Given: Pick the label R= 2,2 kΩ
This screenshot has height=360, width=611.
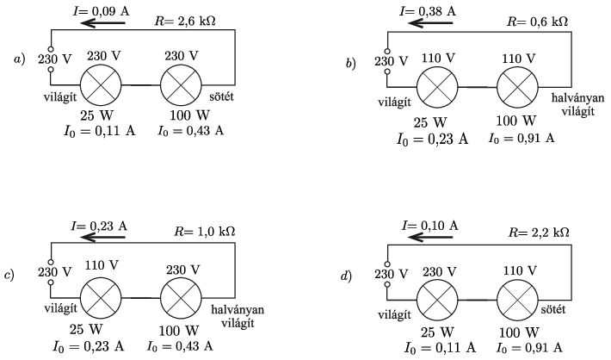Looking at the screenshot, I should point(540,233).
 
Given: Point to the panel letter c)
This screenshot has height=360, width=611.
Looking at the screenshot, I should point(10,276).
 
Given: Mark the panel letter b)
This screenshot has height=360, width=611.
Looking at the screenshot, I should point(350,63).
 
